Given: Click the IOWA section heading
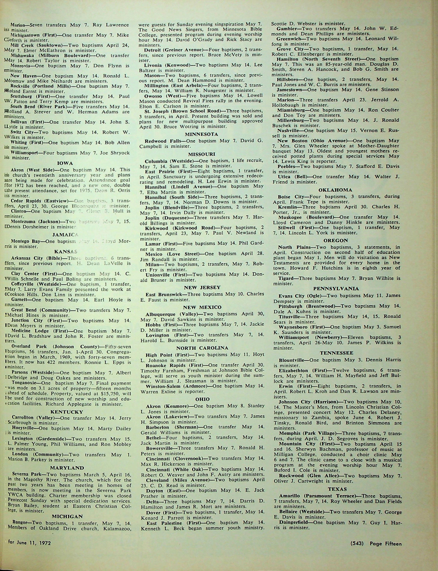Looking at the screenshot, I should coord(65,163).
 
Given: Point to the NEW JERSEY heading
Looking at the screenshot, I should coord(202,287).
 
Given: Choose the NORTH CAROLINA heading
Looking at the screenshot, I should coord(202,348).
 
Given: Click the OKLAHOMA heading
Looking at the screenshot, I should coord(335,190).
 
